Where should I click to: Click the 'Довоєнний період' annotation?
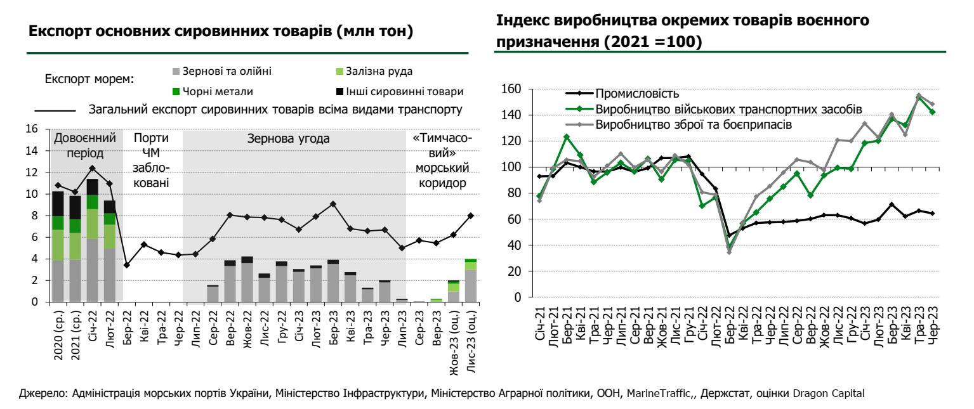tap(86, 145)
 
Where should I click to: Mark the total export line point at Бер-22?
tap(127, 265)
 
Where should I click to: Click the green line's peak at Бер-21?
tap(567, 137)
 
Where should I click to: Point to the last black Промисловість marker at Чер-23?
tap(932, 214)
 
